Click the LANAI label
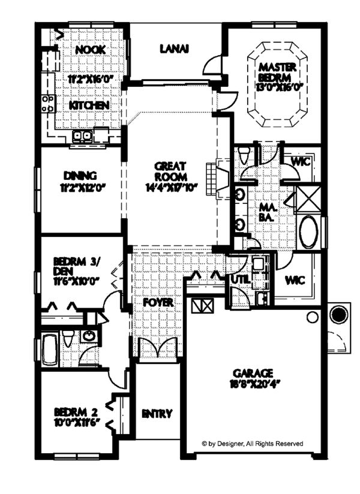click(x=175, y=49)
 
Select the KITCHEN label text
click(x=89, y=105)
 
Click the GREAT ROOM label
click(x=170, y=171)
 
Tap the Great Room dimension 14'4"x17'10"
click(x=170, y=187)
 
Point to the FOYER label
click(x=158, y=303)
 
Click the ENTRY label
click(x=157, y=414)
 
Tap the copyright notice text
click(x=252, y=444)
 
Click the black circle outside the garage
click(x=338, y=314)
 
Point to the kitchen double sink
click(x=82, y=136)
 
